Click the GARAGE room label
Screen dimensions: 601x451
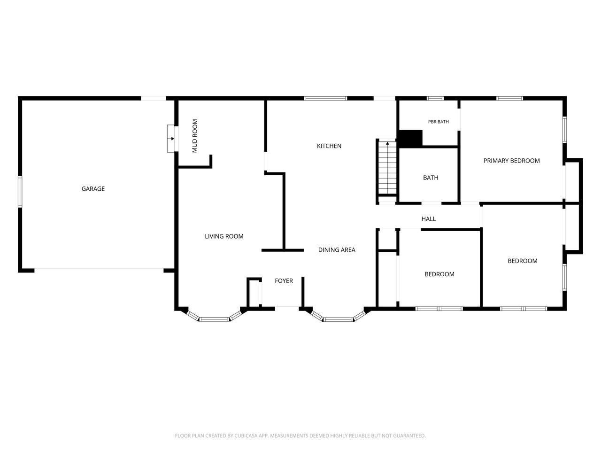coord(93,189)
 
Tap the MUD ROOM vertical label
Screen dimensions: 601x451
coord(195,136)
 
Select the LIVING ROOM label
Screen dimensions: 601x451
coord(224,236)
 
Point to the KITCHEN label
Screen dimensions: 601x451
coord(329,146)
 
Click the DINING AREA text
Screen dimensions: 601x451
coord(337,250)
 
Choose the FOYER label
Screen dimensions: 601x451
coord(284,280)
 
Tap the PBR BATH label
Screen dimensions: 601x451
coord(439,122)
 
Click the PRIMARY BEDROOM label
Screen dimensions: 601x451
coord(511,161)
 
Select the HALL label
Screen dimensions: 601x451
coord(429,219)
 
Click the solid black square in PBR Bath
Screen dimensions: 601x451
coord(411,138)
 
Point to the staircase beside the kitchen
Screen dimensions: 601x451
coord(387,167)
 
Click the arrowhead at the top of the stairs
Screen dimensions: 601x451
coord(387,143)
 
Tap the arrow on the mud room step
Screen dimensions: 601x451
coord(172,139)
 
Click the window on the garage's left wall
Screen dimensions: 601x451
coord(20,192)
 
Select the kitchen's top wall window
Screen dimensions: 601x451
coord(325,98)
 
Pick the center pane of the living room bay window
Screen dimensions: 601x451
coord(214,319)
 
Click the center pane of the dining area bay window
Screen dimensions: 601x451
coord(338,319)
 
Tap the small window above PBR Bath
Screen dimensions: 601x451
coord(435,98)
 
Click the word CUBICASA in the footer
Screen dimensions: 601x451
coord(245,435)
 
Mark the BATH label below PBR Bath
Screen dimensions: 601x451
coord(431,178)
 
